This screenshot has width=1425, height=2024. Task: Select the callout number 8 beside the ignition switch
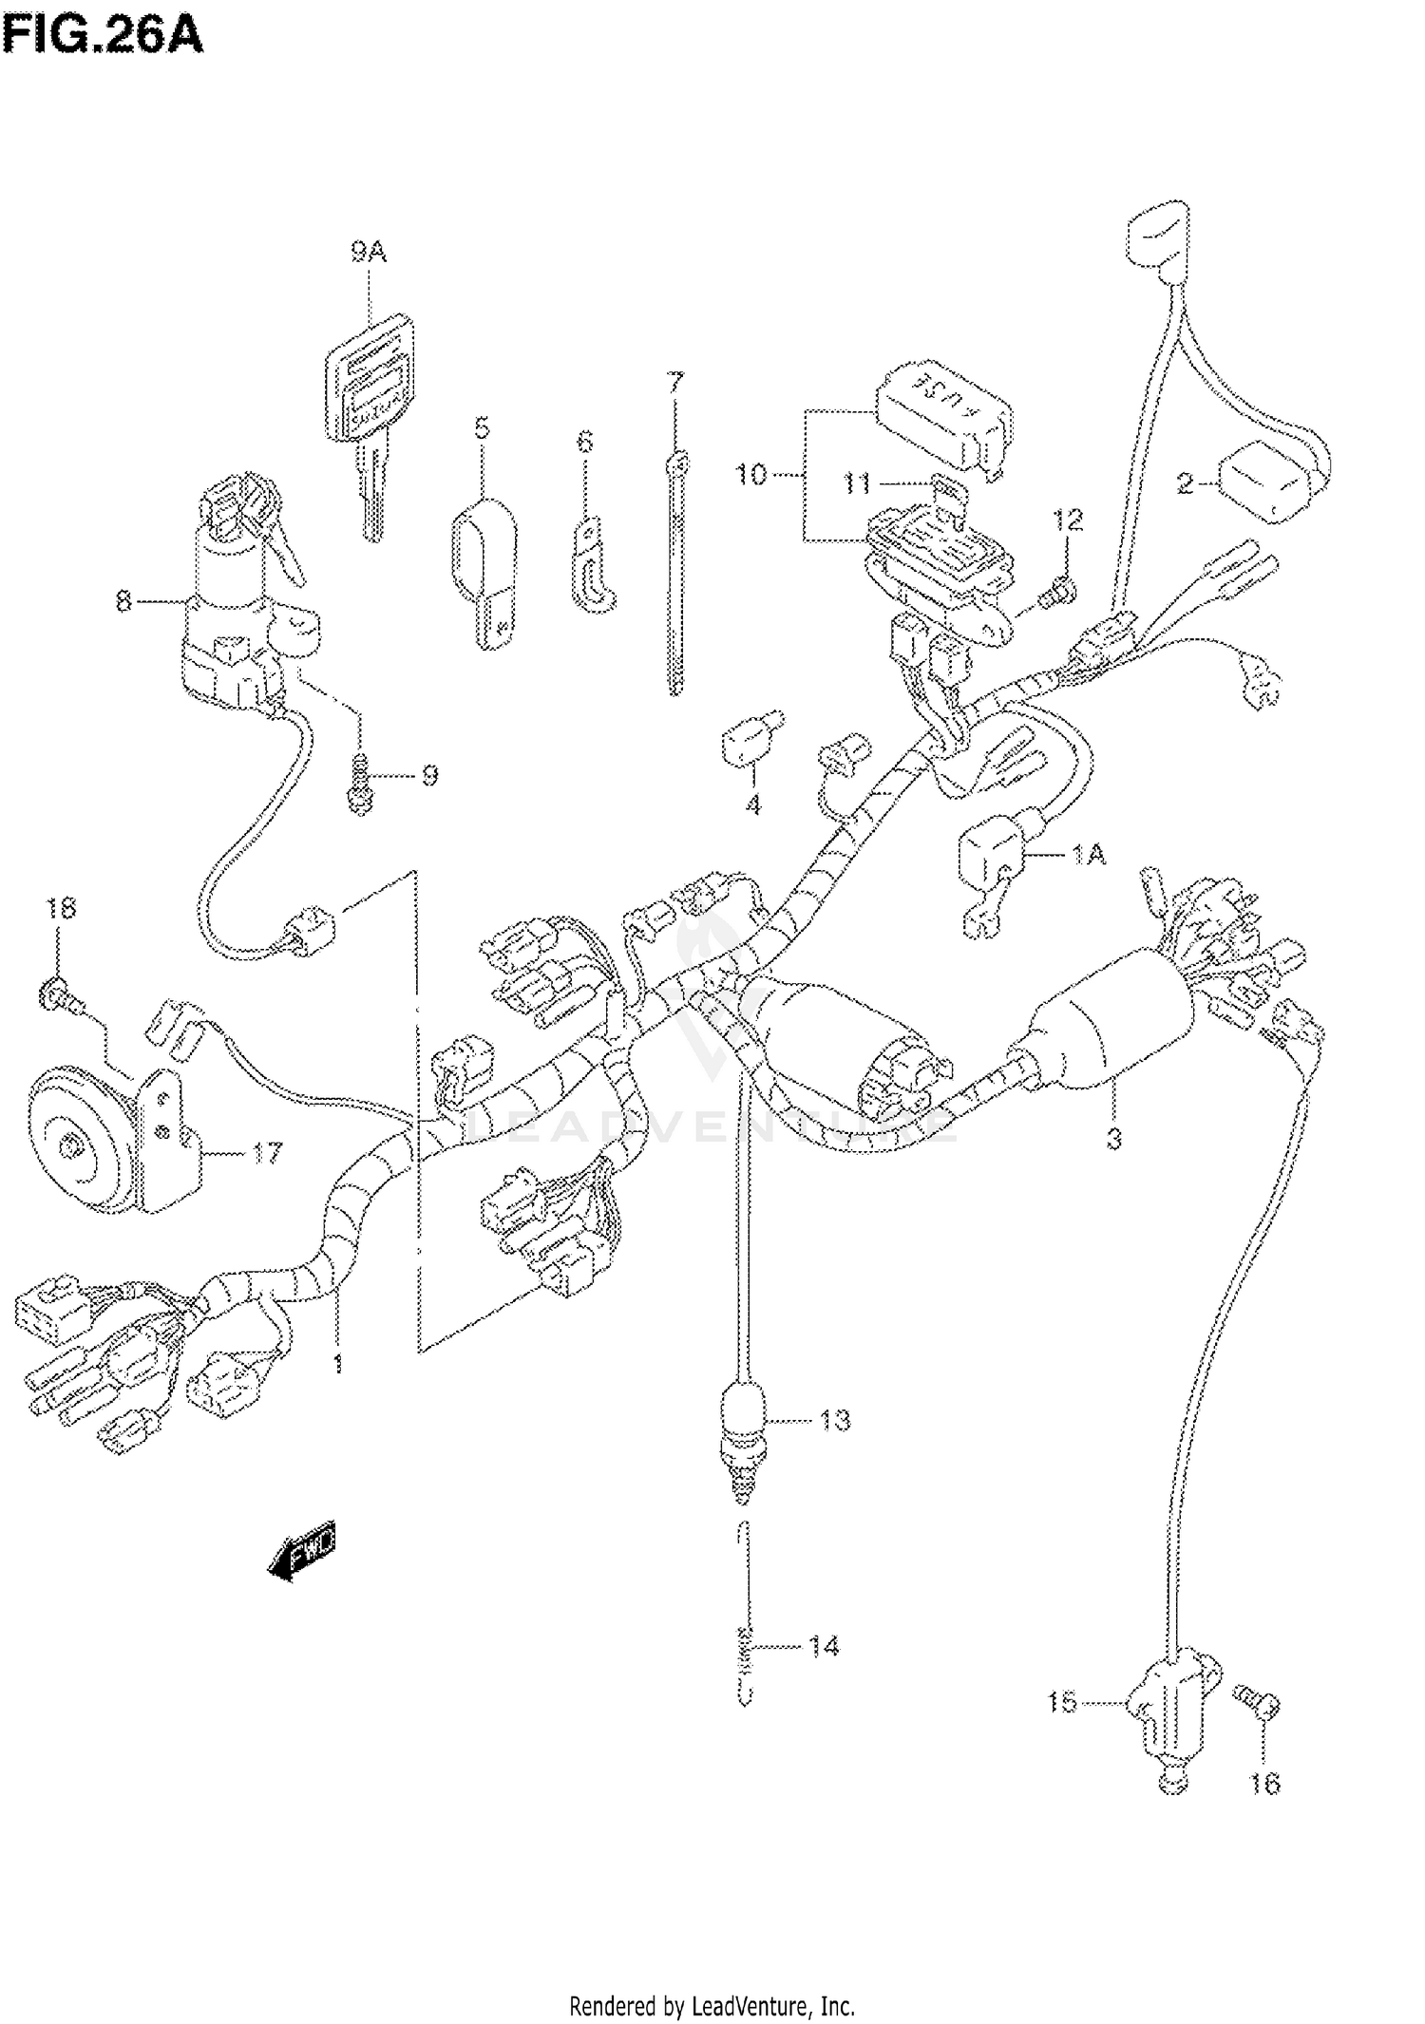click(123, 601)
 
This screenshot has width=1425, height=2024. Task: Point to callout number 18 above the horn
click(61, 908)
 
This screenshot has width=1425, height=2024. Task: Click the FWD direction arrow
click(302, 1555)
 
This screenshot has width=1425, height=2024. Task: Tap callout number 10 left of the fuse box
click(751, 474)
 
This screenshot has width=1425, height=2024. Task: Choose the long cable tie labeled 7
click(674, 579)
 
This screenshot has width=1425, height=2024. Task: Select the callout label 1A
click(1088, 855)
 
